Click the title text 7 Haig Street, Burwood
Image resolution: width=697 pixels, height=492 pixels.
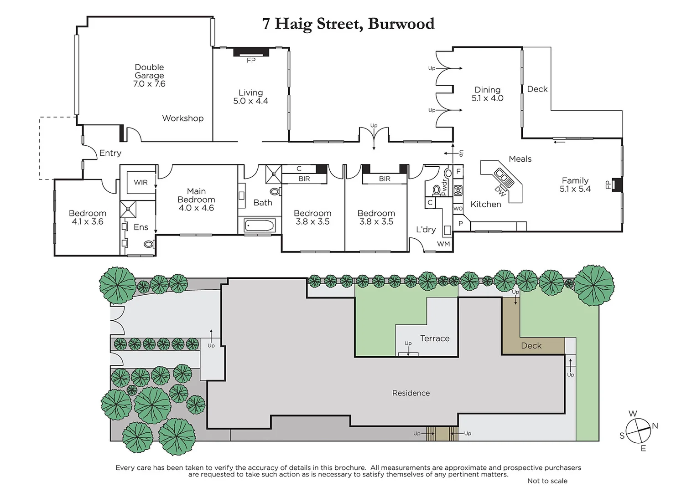[x=348, y=24]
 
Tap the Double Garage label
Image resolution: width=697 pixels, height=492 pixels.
[x=149, y=72]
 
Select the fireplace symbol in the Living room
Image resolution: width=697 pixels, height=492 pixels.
[x=251, y=52]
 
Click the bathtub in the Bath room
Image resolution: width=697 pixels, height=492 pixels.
[x=259, y=225]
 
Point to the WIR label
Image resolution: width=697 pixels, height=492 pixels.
[x=140, y=182]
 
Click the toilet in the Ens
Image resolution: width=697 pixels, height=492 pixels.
[x=148, y=245]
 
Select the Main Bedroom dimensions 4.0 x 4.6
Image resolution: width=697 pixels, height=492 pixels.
[x=196, y=208]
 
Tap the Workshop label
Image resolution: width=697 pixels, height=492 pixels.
[x=182, y=118]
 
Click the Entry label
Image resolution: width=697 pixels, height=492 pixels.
[x=110, y=153]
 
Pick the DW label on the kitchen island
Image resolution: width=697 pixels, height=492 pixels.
[x=500, y=191]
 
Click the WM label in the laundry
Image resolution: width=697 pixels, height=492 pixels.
[x=443, y=244]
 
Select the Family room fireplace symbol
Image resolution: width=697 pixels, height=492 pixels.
[x=617, y=184]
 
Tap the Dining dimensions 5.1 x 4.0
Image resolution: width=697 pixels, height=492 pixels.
[x=487, y=98]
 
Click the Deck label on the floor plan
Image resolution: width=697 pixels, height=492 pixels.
[x=537, y=89]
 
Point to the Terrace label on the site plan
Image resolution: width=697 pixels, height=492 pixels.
[x=435, y=338]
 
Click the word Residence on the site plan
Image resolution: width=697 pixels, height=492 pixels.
[x=411, y=393]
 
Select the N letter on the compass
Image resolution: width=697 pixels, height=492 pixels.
[x=655, y=426]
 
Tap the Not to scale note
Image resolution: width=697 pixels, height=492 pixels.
[x=547, y=481]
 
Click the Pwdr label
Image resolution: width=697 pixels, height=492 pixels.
[x=444, y=187]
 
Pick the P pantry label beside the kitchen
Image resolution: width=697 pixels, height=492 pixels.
[x=461, y=224]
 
